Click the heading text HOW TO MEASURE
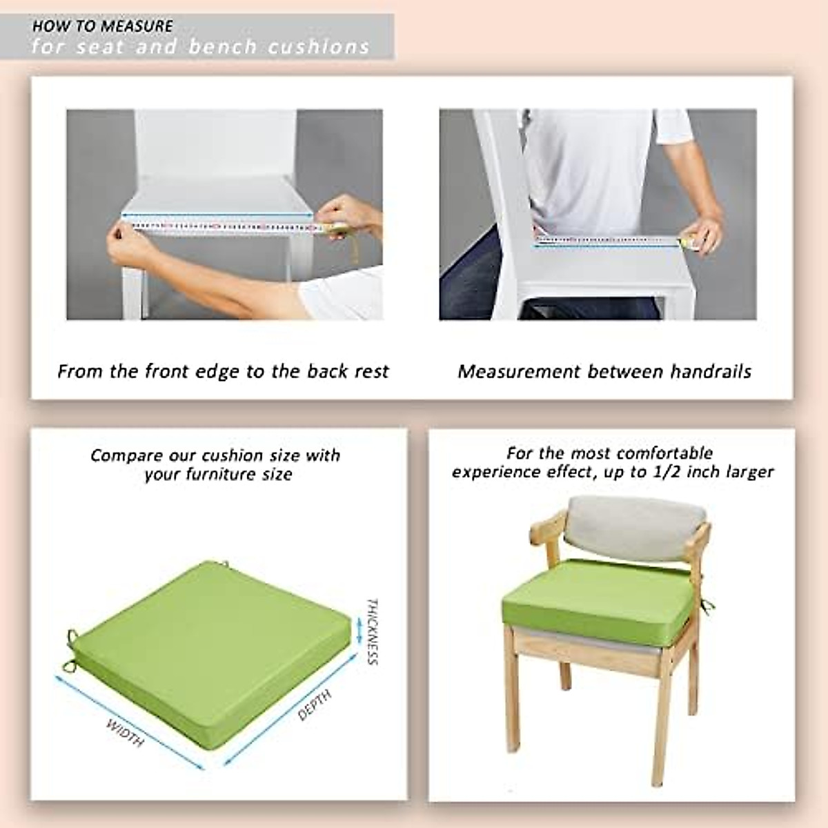point(102,26)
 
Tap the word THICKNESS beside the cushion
point(373,631)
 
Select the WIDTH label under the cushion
point(125,733)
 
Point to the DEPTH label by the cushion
point(315,704)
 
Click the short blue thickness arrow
point(358,630)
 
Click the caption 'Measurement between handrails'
point(604,372)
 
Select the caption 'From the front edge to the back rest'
point(223,372)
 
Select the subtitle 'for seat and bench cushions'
point(200,47)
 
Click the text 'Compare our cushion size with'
point(215,455)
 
